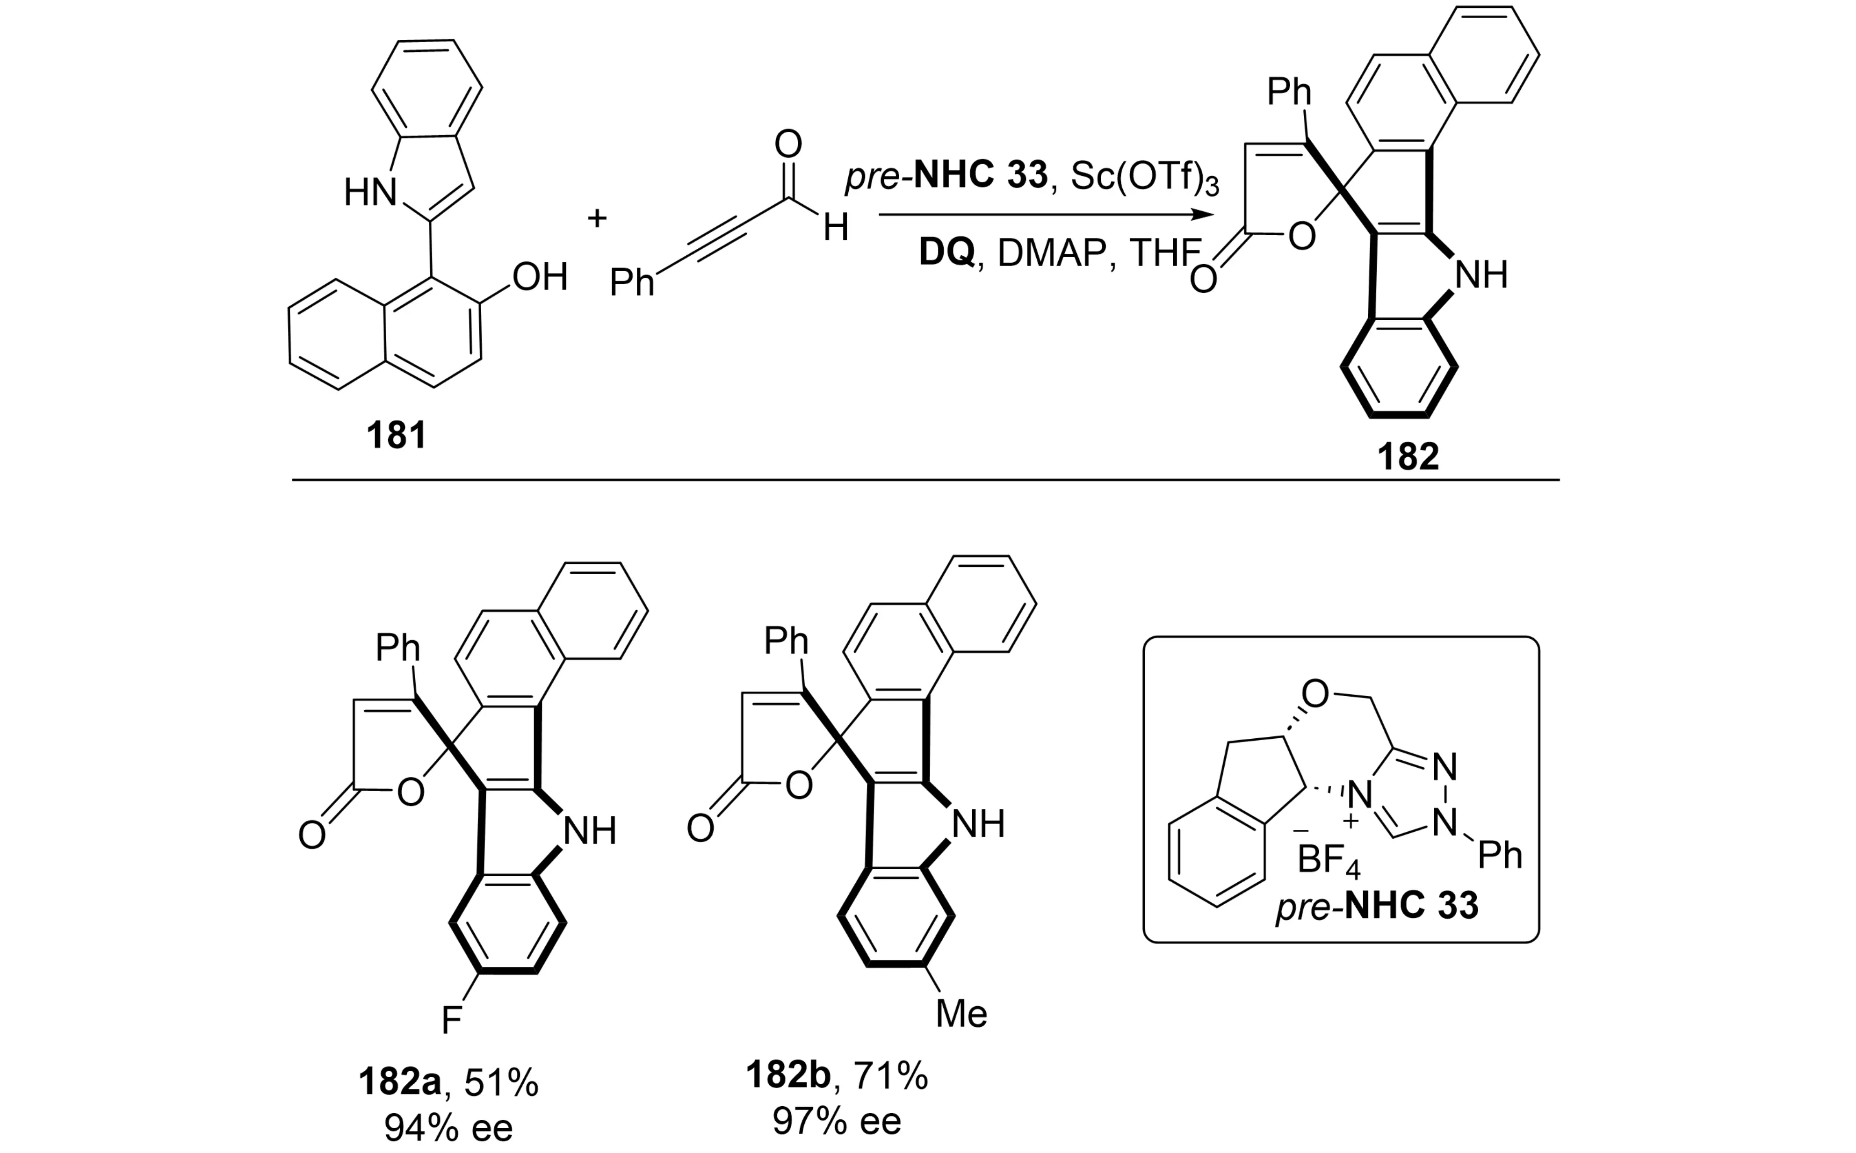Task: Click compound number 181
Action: click(x=396, y=435)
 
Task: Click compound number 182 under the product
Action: click(x=1408, y=456)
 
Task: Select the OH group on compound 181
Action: click(x=540, y=277)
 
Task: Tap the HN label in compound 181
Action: click(x=370, y=192)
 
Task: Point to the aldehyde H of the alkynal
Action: click(x=836, y=227)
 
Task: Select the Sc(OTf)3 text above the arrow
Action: click(x=1144, y=176)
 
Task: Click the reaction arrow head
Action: click(x=1204, y=215)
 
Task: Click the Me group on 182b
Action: click(x=961, y=1014)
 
